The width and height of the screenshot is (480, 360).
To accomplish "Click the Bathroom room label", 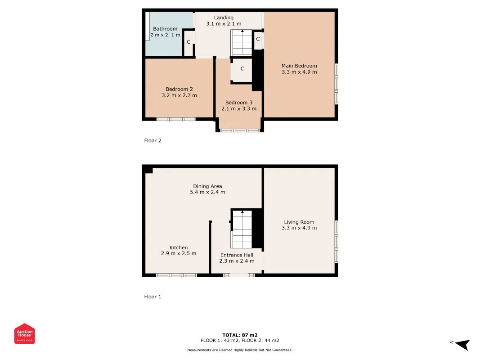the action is (165, 29).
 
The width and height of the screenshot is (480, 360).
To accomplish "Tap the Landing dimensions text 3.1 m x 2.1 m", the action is (224, 23).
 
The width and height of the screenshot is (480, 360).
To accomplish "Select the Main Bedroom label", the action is (299, 66).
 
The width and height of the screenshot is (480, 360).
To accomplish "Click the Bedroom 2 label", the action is (179, 89).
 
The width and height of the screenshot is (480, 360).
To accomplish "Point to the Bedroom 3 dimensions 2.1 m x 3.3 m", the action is (239, 108).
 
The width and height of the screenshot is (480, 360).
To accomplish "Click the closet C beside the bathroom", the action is (188, 42).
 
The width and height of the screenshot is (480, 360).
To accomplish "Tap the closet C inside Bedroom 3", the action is (242, 68).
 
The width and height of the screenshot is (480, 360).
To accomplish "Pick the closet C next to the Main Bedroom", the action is (258, 39).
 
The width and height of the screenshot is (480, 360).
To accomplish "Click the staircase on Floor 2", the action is (242, 43).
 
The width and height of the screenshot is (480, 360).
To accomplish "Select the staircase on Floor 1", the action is (242, 229).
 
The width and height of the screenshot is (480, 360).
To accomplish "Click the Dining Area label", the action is (207, 186).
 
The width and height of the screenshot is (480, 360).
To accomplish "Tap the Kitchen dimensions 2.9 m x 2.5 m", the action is (179, 253).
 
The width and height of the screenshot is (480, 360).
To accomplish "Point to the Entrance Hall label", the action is (237, 255).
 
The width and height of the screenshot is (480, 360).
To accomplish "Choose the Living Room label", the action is (299, 222).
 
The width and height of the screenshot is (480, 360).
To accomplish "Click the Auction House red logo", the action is (24, 333).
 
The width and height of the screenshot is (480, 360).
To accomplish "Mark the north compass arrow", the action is (462, 344).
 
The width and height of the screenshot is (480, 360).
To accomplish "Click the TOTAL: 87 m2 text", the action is (240, 335).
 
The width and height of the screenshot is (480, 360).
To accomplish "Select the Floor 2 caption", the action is (153, 140).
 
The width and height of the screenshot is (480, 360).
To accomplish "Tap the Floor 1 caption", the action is (153, 297).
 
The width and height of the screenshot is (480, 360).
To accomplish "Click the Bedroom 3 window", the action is (240, 130).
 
